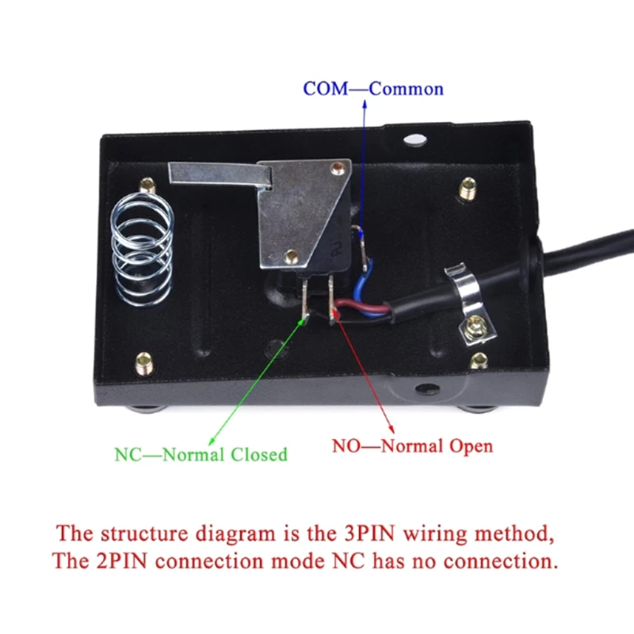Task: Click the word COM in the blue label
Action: [x=325, y=88]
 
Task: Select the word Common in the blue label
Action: [x=406, y=88]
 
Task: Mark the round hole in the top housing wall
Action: [x=412, y=140]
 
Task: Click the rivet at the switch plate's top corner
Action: [x=340, y=167]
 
